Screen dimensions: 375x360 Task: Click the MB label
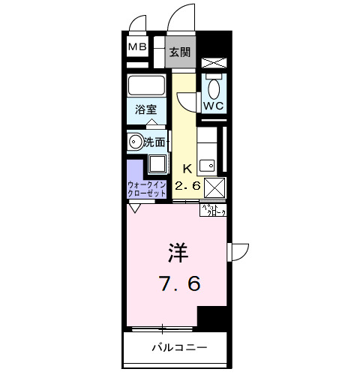pyautogui.click(x=137, y=48)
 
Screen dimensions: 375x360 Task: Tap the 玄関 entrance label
pyautogui.click(x=180, y=52)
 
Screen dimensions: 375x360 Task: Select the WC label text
pyautogui.click(x=214, y=106)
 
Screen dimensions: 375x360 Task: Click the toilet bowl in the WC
pyautogui.click(x=213, y=88)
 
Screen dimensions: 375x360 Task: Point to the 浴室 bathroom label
pyautogui.click(x=145, y=109)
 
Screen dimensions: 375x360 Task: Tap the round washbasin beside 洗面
pyautogui.click(x=135, y=140)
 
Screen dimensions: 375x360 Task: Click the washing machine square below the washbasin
pyautogui.click(x=157, y=164)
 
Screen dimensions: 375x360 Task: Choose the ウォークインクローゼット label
pyautogui.click(x=147, y=188)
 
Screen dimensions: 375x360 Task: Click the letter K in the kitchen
pyautogui.click(x=186, y=168)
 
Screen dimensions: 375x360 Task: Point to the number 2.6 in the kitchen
pyautogui.click(x=187, y=185)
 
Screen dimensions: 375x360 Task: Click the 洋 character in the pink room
pyautogui.click(x=178, y=253)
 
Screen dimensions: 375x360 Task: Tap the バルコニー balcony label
pyautogui.click(x=178, y=348)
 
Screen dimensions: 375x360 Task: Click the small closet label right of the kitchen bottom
pyautogui.click(x=212, y=210)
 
